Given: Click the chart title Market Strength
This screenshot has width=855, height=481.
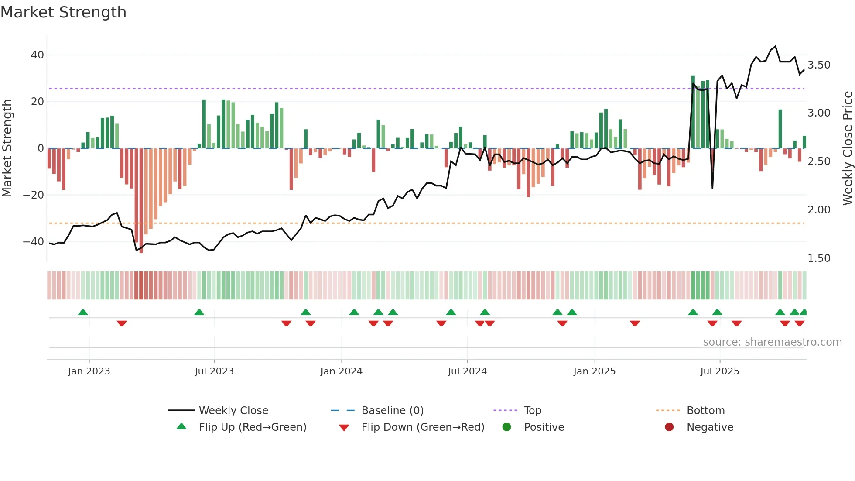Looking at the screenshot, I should pos(63,12).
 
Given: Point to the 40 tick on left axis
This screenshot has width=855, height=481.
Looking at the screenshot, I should pos(37,55).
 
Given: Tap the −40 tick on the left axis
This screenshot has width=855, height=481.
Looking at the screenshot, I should pos(33,241).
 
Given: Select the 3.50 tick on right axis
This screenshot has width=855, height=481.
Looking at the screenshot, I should pos(819,65).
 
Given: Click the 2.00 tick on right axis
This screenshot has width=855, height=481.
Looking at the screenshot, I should pos(819,210).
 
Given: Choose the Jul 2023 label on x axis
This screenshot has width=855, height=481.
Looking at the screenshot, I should pos(214,371).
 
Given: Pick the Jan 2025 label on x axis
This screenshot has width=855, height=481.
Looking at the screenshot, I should pos(594,371).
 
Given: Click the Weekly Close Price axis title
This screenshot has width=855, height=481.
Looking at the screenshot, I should pos(847,148).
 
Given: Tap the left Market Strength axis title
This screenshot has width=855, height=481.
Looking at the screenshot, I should pos(7,148).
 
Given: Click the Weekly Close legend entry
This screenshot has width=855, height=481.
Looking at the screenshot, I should pos(233,411).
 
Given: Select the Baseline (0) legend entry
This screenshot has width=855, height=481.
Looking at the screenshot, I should pos(392,411).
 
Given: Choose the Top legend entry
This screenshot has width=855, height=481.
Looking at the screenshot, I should pos(532,411).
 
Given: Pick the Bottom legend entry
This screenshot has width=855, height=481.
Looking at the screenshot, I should pos(705,411).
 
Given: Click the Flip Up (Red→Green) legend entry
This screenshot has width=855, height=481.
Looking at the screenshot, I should pos(252,427).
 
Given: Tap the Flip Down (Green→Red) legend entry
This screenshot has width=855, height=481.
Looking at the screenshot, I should pos(423,427).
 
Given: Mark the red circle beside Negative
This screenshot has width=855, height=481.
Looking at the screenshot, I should pos(669,427).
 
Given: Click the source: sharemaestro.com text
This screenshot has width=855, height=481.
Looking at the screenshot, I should pos(772,342).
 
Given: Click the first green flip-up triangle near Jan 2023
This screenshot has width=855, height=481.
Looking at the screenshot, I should pos(83,312).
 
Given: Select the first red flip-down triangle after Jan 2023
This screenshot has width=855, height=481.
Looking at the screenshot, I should pos(122,323).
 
